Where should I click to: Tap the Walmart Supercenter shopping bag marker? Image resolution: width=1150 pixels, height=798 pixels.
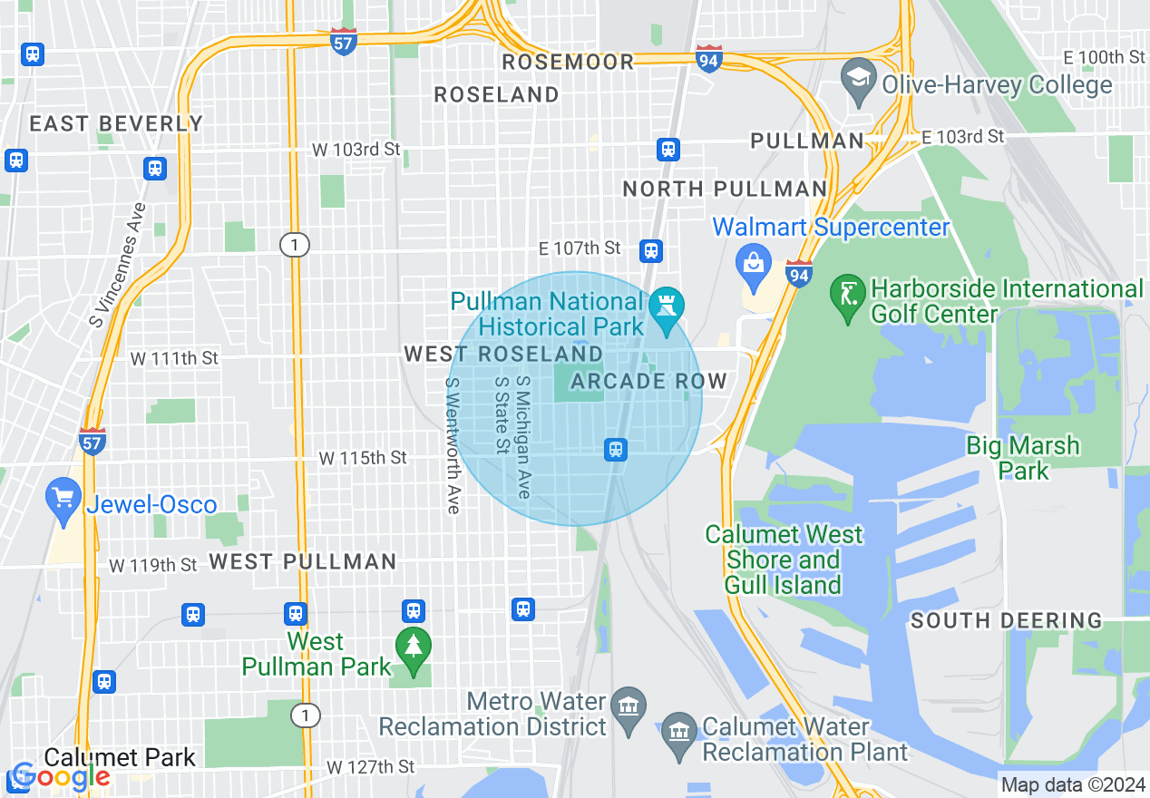pyautogui.click(x=754, y=264)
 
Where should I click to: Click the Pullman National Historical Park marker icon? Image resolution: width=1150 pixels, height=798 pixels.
pyautogui.click(x=668, y=309)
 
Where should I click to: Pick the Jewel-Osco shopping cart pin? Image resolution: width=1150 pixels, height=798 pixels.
pyautogui.click(x=63, y=499)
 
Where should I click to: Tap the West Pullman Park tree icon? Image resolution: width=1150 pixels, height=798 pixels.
pyautogui.click(x=414, y=647)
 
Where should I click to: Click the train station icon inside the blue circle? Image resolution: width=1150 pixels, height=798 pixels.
pyautogui.click(x=616, y=449)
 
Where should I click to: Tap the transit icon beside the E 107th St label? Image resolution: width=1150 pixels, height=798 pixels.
pyautogui.click(x=650, y=250)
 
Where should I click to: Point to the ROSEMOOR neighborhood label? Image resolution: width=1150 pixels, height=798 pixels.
pyautogui.click(x=568, y=62)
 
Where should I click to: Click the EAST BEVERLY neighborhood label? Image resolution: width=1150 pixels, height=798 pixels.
pyautogui.click(x=116, y=123)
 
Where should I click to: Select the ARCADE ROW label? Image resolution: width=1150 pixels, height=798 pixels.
pyautogui.click(x=648, y=381)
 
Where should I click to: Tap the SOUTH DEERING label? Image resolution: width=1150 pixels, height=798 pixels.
pyautogui.click(x=1006, y=621)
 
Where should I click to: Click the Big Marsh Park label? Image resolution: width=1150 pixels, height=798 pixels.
pyautogui.click(x=1023, y=458)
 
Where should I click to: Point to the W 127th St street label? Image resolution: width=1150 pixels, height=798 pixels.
pyautogui.click(x=370, y=767)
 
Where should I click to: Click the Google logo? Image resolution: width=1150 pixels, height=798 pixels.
pyautogui.click(x=60, y=775)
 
